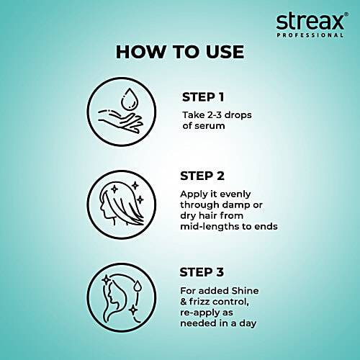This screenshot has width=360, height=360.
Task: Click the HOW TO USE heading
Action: point(180,52)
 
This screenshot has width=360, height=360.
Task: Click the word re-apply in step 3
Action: point(202,312)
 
